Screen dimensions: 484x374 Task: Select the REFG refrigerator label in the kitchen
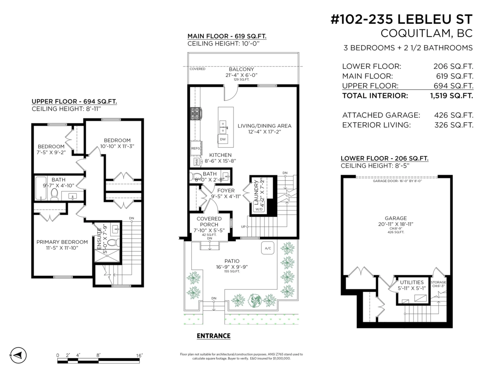(x=196, y=148)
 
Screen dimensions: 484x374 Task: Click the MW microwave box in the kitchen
(x=197, y=162)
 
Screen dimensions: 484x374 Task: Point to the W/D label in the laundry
(x=258, y=209)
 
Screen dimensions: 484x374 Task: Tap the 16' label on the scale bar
(x=139, y=355)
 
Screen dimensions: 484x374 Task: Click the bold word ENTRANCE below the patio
(x=213, y=336)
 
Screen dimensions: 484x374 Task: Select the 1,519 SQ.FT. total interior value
(x=451, y=96)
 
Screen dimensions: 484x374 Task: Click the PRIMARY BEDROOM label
(x=62, y=242)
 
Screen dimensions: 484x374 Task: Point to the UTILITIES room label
(x=411, y=282)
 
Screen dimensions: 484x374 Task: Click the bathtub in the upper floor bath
(x=40, y=188)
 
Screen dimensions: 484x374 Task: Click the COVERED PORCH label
(x=209, y=221)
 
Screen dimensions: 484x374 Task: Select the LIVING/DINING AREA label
(x=264, y=126)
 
